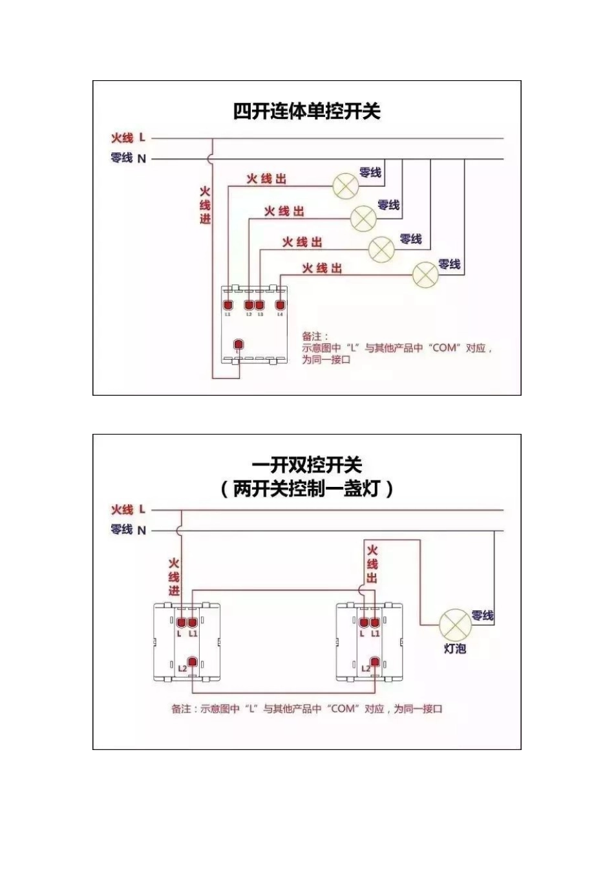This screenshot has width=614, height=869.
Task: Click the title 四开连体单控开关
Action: (x=306, y=111)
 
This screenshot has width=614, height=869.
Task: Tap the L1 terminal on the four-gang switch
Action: (x=228, y=305)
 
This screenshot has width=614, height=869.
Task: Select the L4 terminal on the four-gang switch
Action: (x=280, y=305)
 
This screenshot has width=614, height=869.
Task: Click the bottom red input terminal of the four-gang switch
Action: (x=238, y=343)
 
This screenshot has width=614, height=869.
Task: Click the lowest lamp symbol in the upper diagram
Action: (x=425, y=274)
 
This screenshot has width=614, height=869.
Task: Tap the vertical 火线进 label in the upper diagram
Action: (x=204, y=206)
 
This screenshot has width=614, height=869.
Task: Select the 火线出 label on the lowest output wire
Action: (x=322, y=268)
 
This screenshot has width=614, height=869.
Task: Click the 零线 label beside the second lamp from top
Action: (x=388, y=205)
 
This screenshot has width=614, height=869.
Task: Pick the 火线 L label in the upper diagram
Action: (x=129, y=138)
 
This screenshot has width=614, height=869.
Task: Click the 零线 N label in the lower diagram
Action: (x=129, y=530)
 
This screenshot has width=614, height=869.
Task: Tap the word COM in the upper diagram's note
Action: (x=444, y=348)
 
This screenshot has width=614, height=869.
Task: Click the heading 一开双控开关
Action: (x=306, y=466)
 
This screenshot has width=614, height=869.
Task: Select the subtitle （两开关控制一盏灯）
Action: (x=306, y=489)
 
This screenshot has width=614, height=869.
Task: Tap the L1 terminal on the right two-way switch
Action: (x=375, y=623)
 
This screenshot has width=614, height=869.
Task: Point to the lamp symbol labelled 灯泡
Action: (x=455, y=625)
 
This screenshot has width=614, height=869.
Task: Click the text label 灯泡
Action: (x=455, y=648)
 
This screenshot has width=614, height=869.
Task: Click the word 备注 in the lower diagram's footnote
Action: (x=181, y=709)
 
